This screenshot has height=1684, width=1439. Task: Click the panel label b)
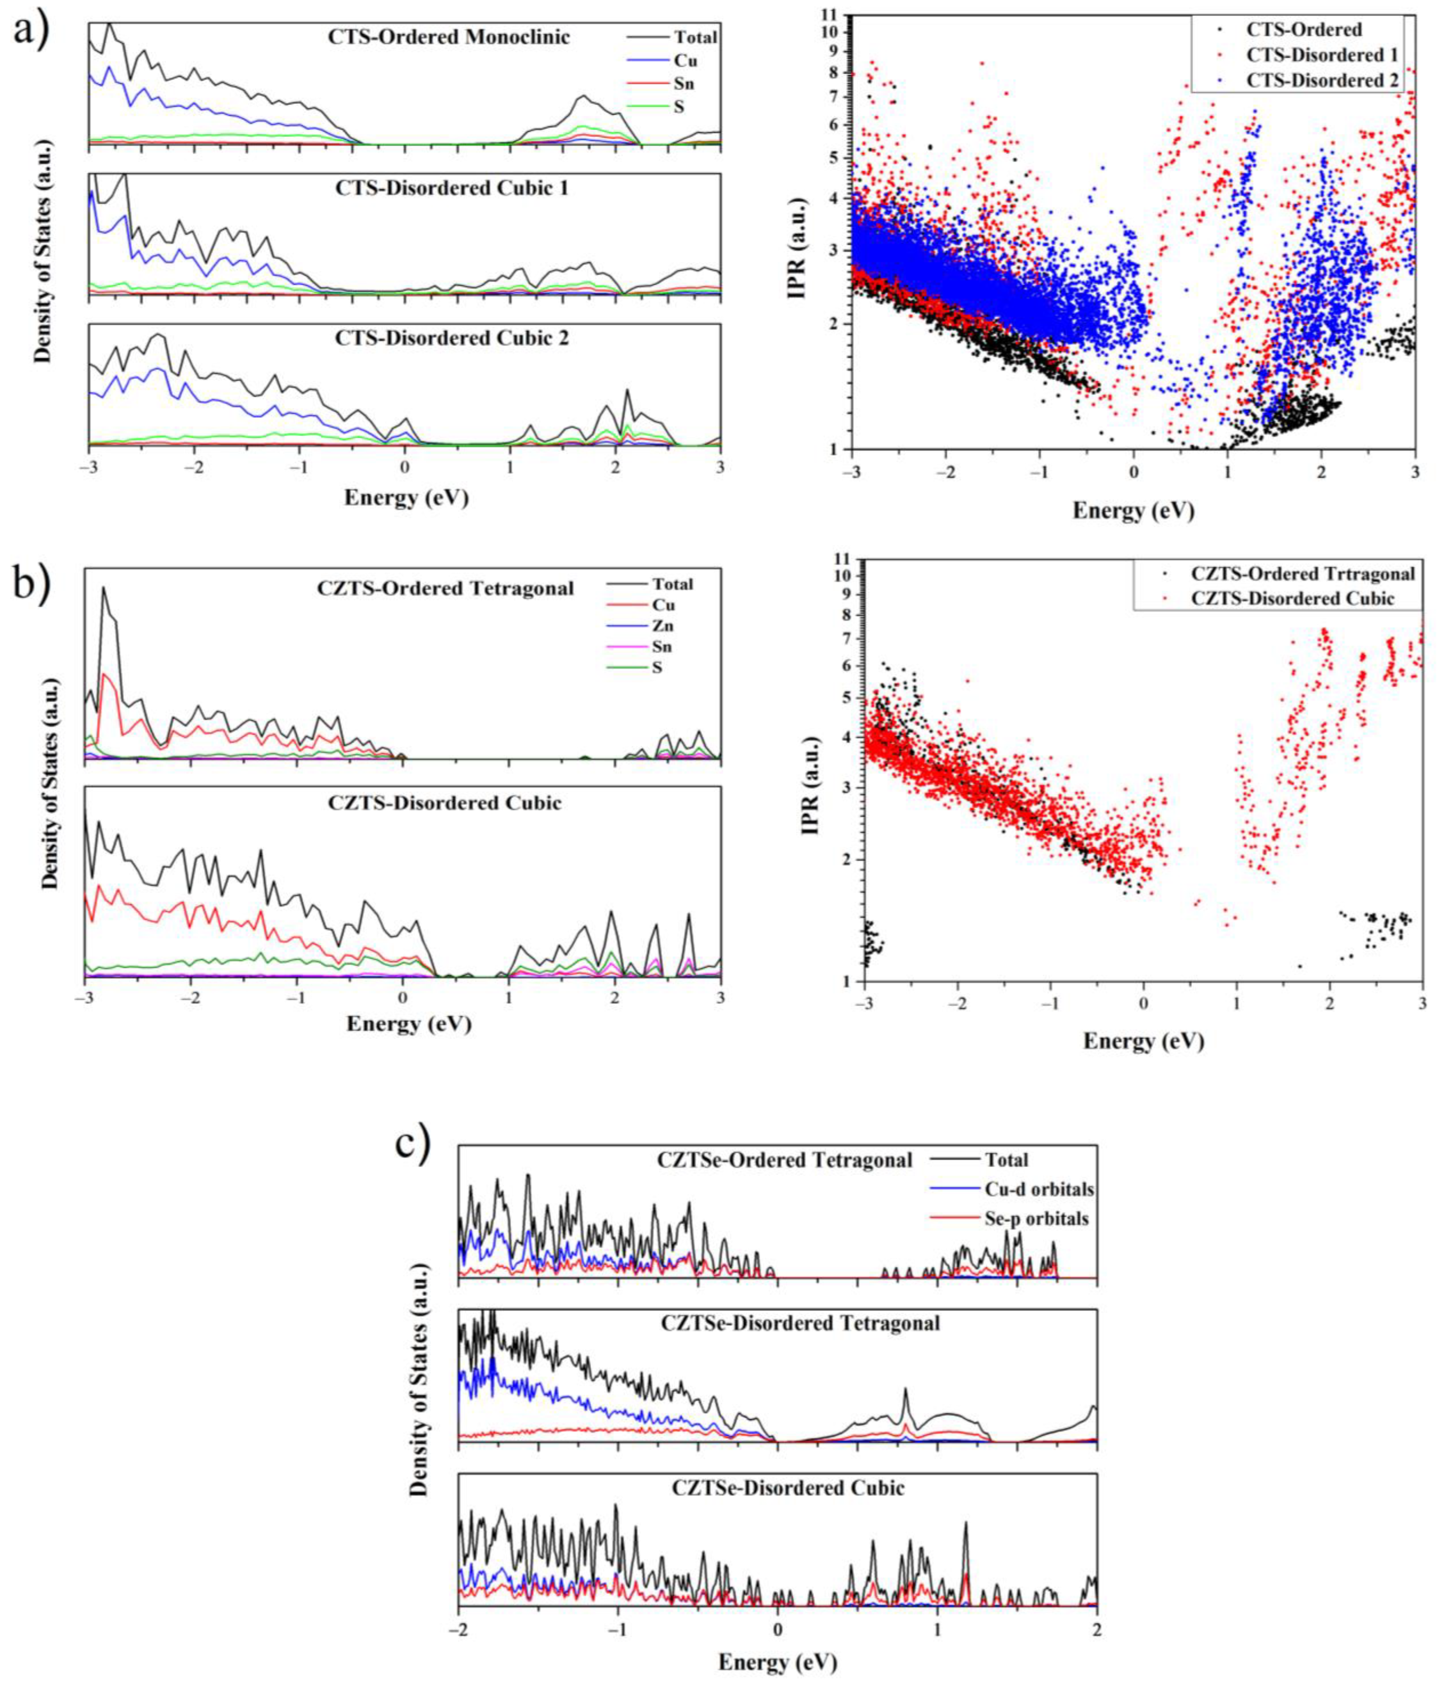31,583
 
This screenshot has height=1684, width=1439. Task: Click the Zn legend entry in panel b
662,626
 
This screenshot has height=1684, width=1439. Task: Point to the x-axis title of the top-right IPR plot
1133,510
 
